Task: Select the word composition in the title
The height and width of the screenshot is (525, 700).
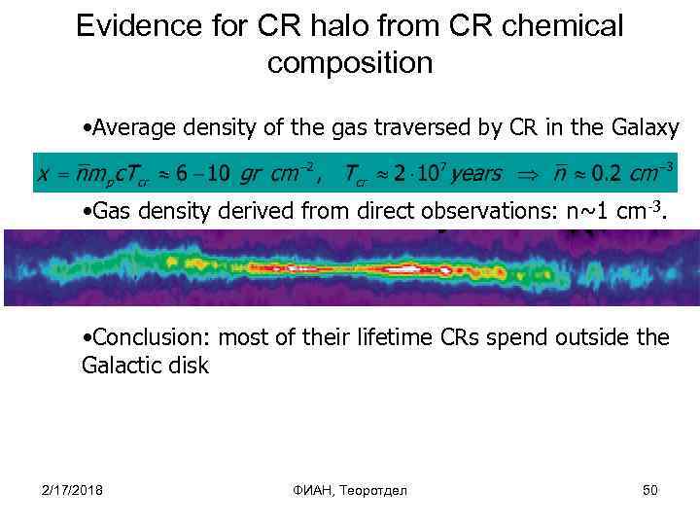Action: [x=349, y=63]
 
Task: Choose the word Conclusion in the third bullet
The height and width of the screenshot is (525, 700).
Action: [x=150, y=338]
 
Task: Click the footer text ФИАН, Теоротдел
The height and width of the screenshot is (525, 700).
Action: [x=350, y=490]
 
